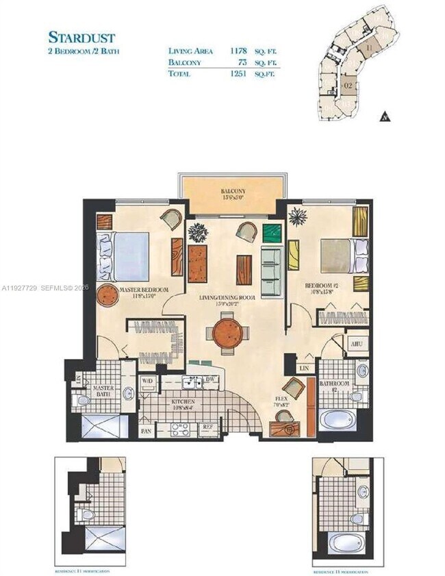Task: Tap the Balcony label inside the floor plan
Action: tap(233, 191)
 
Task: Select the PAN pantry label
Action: tap(147, 431)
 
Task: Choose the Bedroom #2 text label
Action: tap(322, 288)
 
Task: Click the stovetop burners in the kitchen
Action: tap(179, 429)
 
